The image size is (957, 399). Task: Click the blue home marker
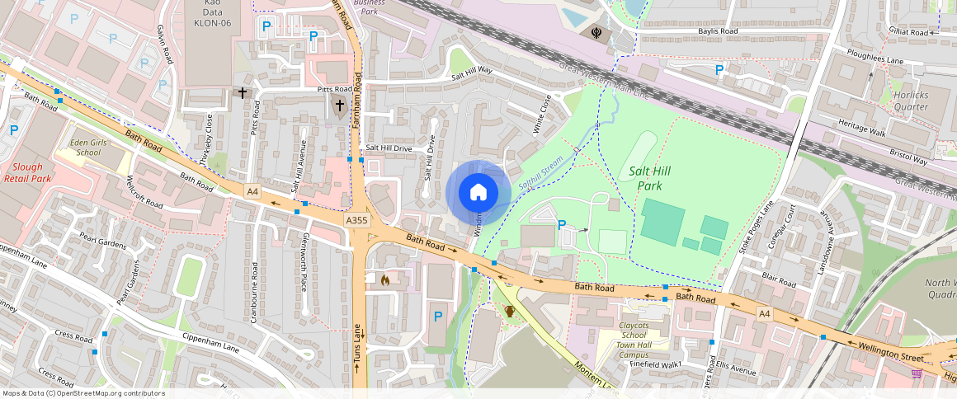(x=478, y=193)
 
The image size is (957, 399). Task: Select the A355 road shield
(x=357, y=221)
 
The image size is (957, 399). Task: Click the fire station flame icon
(x=384, y=280)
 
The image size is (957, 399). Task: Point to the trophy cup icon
(x=510, y=311)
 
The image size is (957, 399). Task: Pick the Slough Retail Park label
(x=28, y=172)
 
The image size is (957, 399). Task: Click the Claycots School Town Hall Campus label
(x=633, y=340)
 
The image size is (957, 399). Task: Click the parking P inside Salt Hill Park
(x=563, y=224)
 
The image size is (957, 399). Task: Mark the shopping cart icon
(x=917, y=373)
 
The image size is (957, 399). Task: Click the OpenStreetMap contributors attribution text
(x=83, y=393)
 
